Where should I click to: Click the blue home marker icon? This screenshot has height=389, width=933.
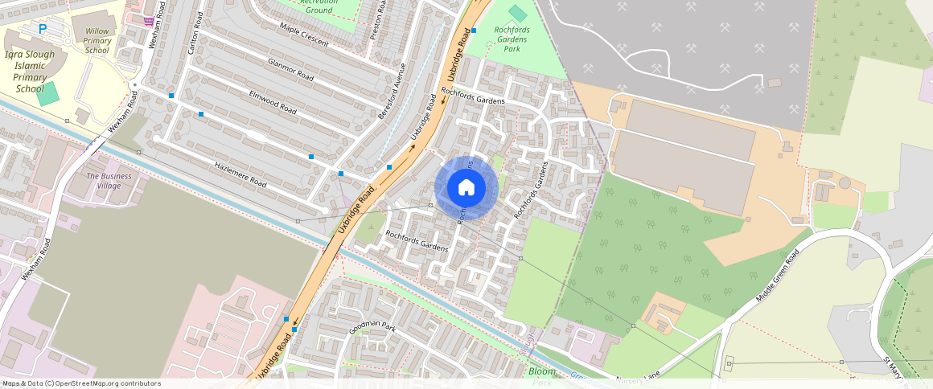click(x=466, y=187)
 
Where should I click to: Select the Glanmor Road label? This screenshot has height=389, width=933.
click(x=290, y=70)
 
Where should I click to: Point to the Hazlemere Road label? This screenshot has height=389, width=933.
click(x=240, y=173)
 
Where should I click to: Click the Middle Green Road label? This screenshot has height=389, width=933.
click(x=778, y=276)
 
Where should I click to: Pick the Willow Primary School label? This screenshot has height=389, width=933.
click(x=97, y=40)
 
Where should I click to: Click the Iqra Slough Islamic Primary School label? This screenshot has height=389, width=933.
click(x=30, y=72)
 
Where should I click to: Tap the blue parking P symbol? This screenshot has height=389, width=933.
click(x=43, y=29)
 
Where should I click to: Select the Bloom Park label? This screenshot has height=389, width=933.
click(x=542, y=376)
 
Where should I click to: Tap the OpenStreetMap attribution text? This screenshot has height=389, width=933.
click(x=81, y=383)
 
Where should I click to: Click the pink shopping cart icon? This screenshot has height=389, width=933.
click(x=149, y=20)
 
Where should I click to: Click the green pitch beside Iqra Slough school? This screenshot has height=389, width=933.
click(x=48, y=92)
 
